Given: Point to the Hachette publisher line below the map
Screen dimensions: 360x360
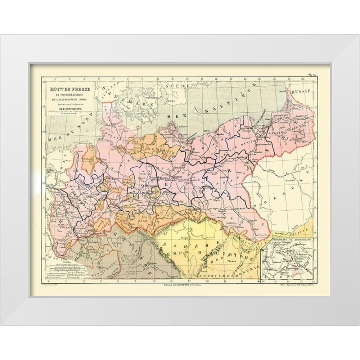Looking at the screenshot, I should click(184, 284).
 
